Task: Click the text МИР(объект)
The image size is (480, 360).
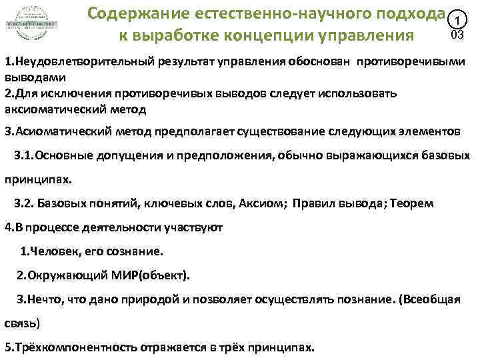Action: (x=155, y=275)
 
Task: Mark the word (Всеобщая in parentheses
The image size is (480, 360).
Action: (x=429, y=299)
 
